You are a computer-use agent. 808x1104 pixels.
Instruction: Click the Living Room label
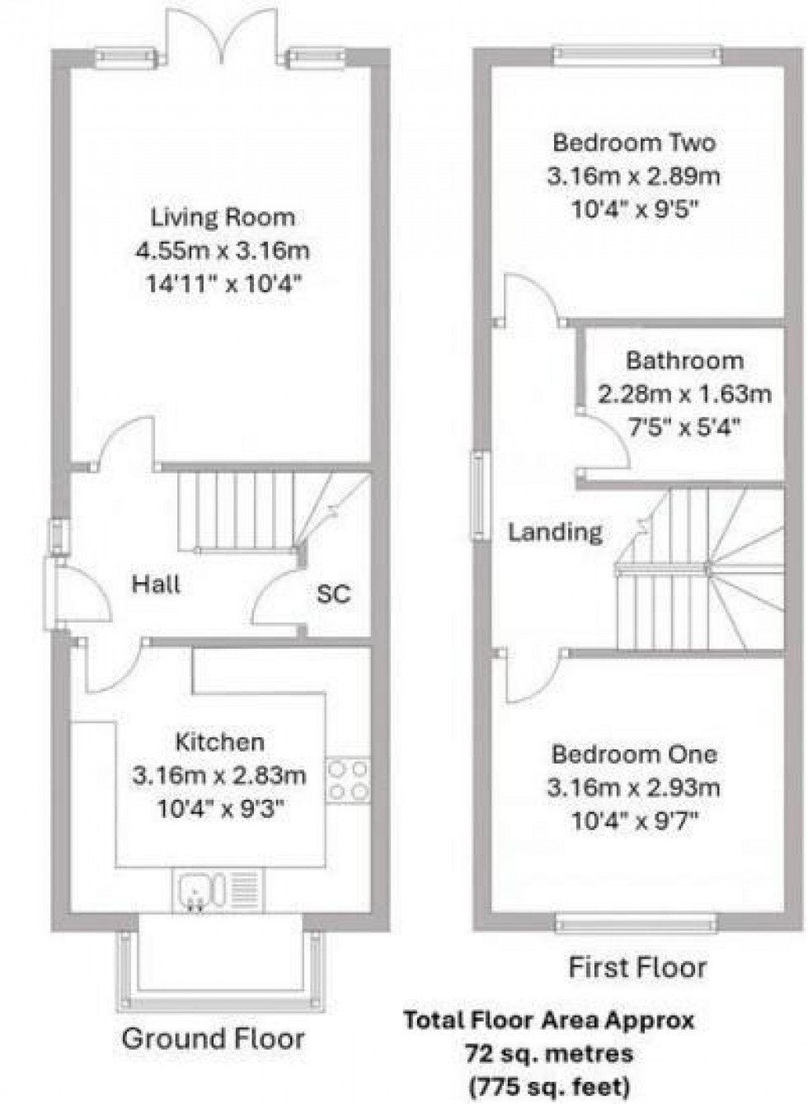point(223,218)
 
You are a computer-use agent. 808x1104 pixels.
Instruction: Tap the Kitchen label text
point(220,742)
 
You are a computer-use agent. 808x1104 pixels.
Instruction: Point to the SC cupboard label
point(334,594)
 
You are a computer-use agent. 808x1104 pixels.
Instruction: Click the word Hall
point(157,585)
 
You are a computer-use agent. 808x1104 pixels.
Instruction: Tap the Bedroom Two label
point(633,143)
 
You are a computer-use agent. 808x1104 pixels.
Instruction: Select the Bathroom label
point(684,360)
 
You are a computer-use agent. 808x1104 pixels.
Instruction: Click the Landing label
point(555,532)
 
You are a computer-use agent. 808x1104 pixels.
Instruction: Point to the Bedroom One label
point(634,754)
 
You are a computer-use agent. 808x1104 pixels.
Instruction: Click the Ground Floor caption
point(213,1039)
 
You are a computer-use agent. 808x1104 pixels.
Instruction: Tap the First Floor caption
point(637,967)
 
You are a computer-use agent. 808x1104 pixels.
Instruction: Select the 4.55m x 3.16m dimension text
point(223,251)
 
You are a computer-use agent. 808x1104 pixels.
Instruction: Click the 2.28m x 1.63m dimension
point(684,394)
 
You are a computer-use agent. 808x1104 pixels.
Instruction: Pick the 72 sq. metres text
point(548,1053)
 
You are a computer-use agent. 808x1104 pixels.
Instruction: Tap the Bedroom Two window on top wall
point(637,56)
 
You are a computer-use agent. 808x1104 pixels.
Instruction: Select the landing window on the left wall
point(479,496)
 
